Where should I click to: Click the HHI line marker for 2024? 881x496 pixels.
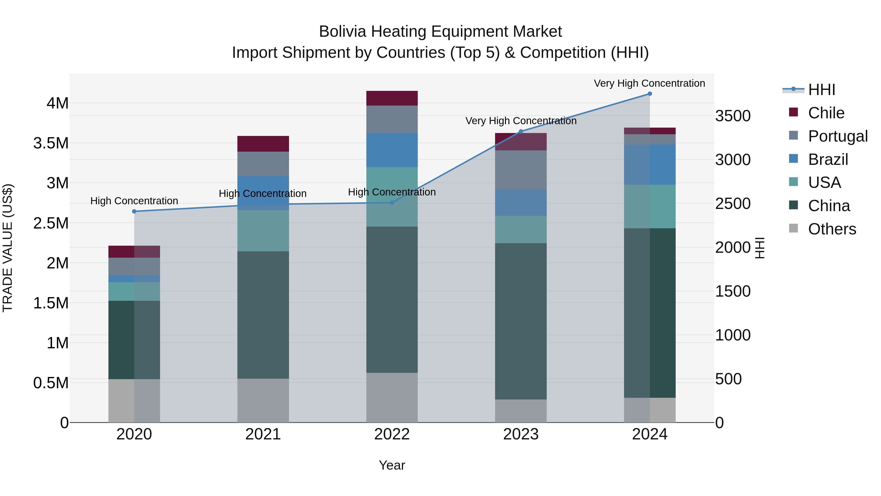[649, 94]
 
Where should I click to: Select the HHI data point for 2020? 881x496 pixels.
[134, 212]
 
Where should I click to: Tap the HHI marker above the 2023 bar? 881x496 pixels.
[521, 132]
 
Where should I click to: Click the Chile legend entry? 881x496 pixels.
[826, 113]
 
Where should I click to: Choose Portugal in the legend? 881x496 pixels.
[837, 136]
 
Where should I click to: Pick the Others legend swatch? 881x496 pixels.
[793, 228]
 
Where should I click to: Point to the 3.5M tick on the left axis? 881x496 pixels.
[51, 143]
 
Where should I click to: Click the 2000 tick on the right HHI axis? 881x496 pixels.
[732, 247]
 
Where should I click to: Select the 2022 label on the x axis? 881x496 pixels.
[392, 434]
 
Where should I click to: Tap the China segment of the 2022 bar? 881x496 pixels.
[392, 300]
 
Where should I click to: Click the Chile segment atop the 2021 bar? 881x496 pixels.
[263, 144]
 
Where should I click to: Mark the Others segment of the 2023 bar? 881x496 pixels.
[521, 411]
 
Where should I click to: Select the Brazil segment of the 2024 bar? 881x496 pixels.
[649, 165]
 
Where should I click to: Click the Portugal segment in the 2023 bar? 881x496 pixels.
[521, 170]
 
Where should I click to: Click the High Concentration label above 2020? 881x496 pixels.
[134, 201]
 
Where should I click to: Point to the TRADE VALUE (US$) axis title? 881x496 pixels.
[8, 248]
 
